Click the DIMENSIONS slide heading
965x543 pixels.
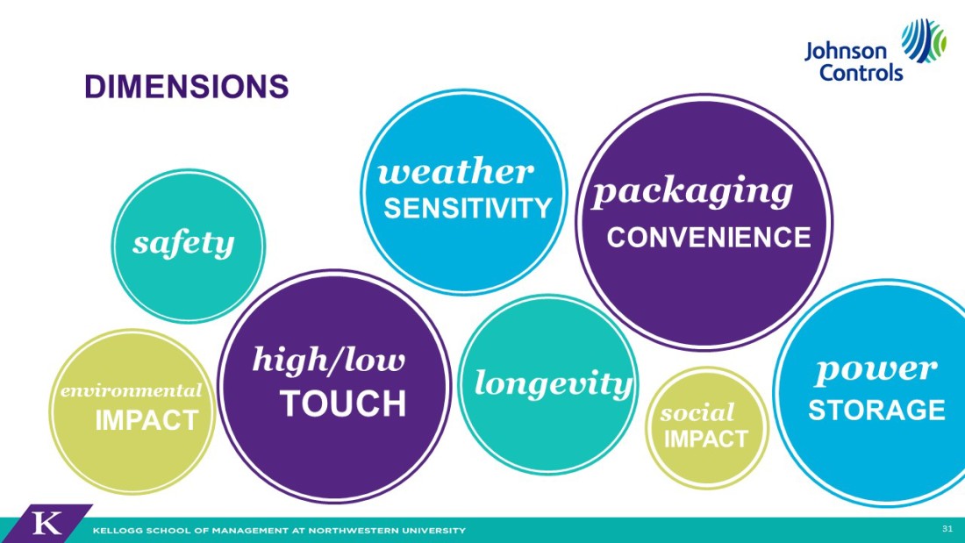click(187, 86)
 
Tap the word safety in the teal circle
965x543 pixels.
click(183, 244)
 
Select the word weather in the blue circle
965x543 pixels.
click(455, 172)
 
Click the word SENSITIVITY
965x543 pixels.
click(468, 209)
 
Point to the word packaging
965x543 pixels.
click(692, 191)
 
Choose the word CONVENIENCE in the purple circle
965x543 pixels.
click(708, 238)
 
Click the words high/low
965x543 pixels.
click(329, 360)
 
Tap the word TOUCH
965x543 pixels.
click(343, 404)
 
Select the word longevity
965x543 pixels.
click(554, 383)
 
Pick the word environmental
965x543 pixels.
click(131, 390)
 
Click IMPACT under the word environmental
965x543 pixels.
click(147, 420)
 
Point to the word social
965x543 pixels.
click(697, 412)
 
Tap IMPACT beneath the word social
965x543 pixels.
click(705, 439)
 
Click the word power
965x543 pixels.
click(876, 370)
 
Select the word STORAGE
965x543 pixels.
click(876, 410)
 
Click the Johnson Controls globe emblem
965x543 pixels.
click(923, 40)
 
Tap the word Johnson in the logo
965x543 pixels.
click(846, 51)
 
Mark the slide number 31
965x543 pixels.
click(947, 528)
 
